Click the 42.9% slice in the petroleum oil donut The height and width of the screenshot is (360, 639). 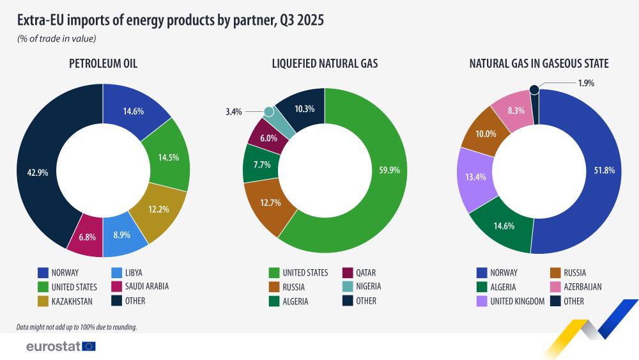(x=37, y=173)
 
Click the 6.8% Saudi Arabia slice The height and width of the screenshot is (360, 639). (x=88, y=237)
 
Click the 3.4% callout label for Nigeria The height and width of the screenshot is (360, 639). (x=234, y=112)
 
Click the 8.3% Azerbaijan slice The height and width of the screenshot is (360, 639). (x=516, y=110)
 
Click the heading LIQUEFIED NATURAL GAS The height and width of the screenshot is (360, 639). (x=325, y=63)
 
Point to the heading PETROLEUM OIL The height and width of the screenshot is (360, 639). (x=103, y=63)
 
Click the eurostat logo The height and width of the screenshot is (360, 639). (x=61, y=346)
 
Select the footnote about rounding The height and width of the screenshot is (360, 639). (x=77, y=327)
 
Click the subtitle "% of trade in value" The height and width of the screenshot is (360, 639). (x=57, y=39)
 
